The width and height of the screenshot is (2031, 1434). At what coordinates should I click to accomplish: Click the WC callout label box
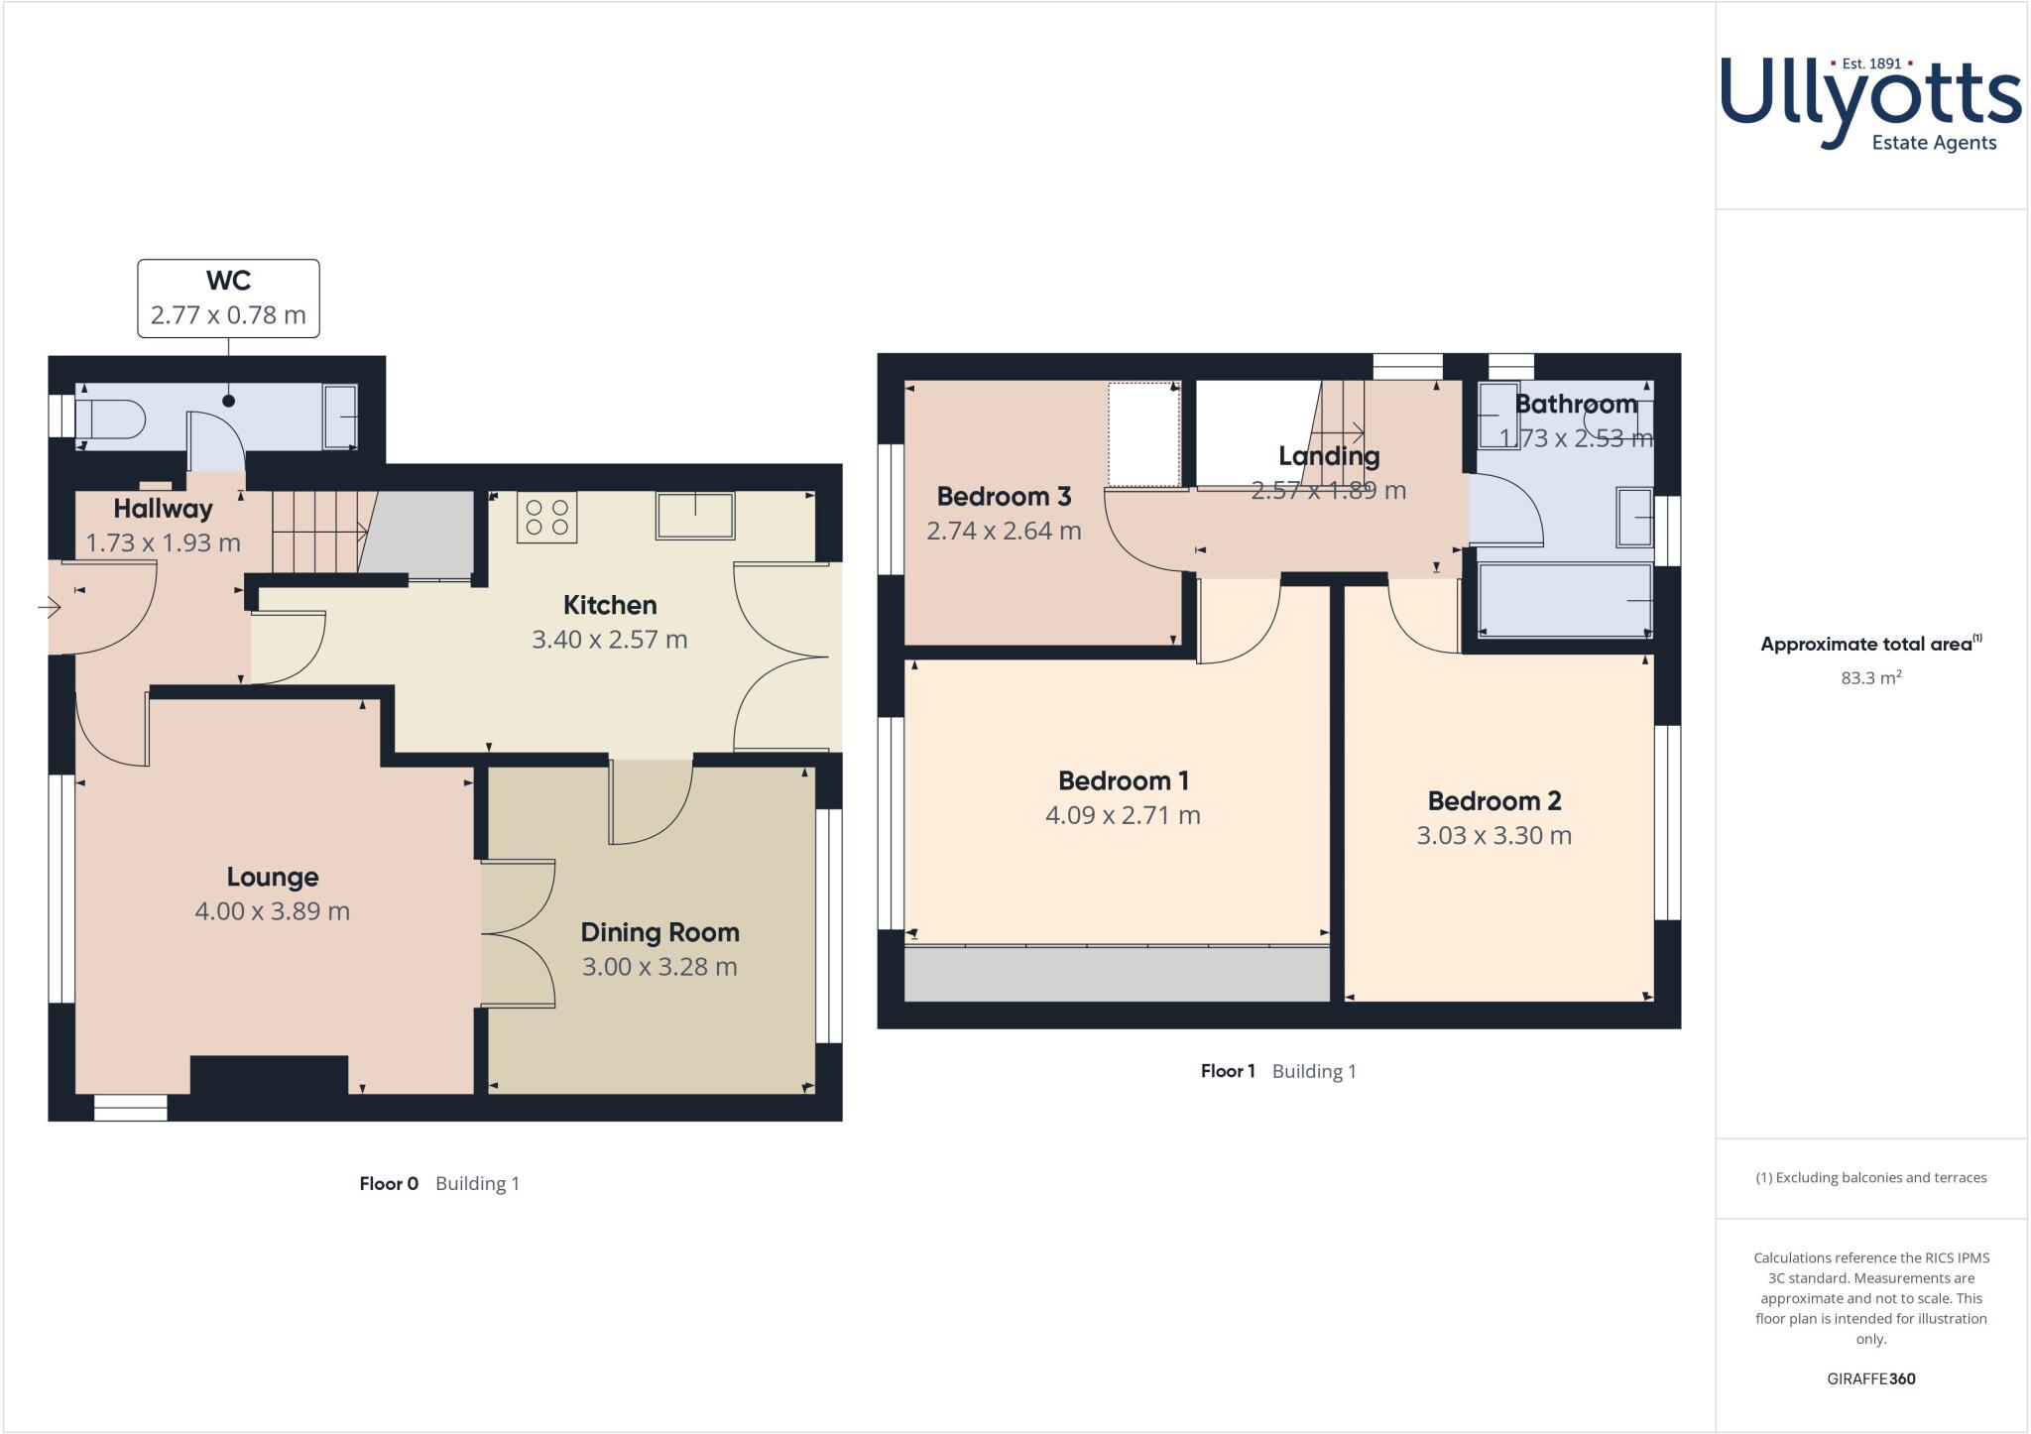(x=228, y=299)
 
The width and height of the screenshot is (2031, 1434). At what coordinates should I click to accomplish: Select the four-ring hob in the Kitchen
(x=546, y=517)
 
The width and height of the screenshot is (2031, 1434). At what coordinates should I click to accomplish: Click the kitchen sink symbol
(x=694, y=516)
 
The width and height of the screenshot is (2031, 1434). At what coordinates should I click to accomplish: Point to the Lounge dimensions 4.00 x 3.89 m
(x=272, y=911)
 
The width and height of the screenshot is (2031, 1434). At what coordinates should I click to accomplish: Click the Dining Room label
(x=659, y=932)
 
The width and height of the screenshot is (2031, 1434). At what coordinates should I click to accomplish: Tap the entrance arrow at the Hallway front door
(x=50, y=606)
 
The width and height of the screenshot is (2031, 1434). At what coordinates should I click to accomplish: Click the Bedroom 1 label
(x=1123, y=781)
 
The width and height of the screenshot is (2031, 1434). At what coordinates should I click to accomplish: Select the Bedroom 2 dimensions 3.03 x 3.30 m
(x=1493, y=836)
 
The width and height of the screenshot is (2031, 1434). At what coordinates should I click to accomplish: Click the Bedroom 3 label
(x=1004, y=496)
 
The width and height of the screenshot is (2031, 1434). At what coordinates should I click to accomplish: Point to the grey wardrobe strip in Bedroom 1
(x=1117, y=974)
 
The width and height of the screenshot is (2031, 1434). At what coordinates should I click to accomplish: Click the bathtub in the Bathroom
(x=1565, y=600)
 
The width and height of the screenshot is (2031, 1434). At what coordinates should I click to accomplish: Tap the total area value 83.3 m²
(x=1870, y=679)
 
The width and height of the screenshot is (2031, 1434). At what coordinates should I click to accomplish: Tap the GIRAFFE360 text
(x=1870, y=1378)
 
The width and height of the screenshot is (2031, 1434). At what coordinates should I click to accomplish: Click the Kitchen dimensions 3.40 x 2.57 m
(x=609, y=640)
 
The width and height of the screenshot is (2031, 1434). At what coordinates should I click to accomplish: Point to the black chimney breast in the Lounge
(x=269, y=1076)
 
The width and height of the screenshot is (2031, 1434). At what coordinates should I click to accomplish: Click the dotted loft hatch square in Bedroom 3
(x=1143, y=434)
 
